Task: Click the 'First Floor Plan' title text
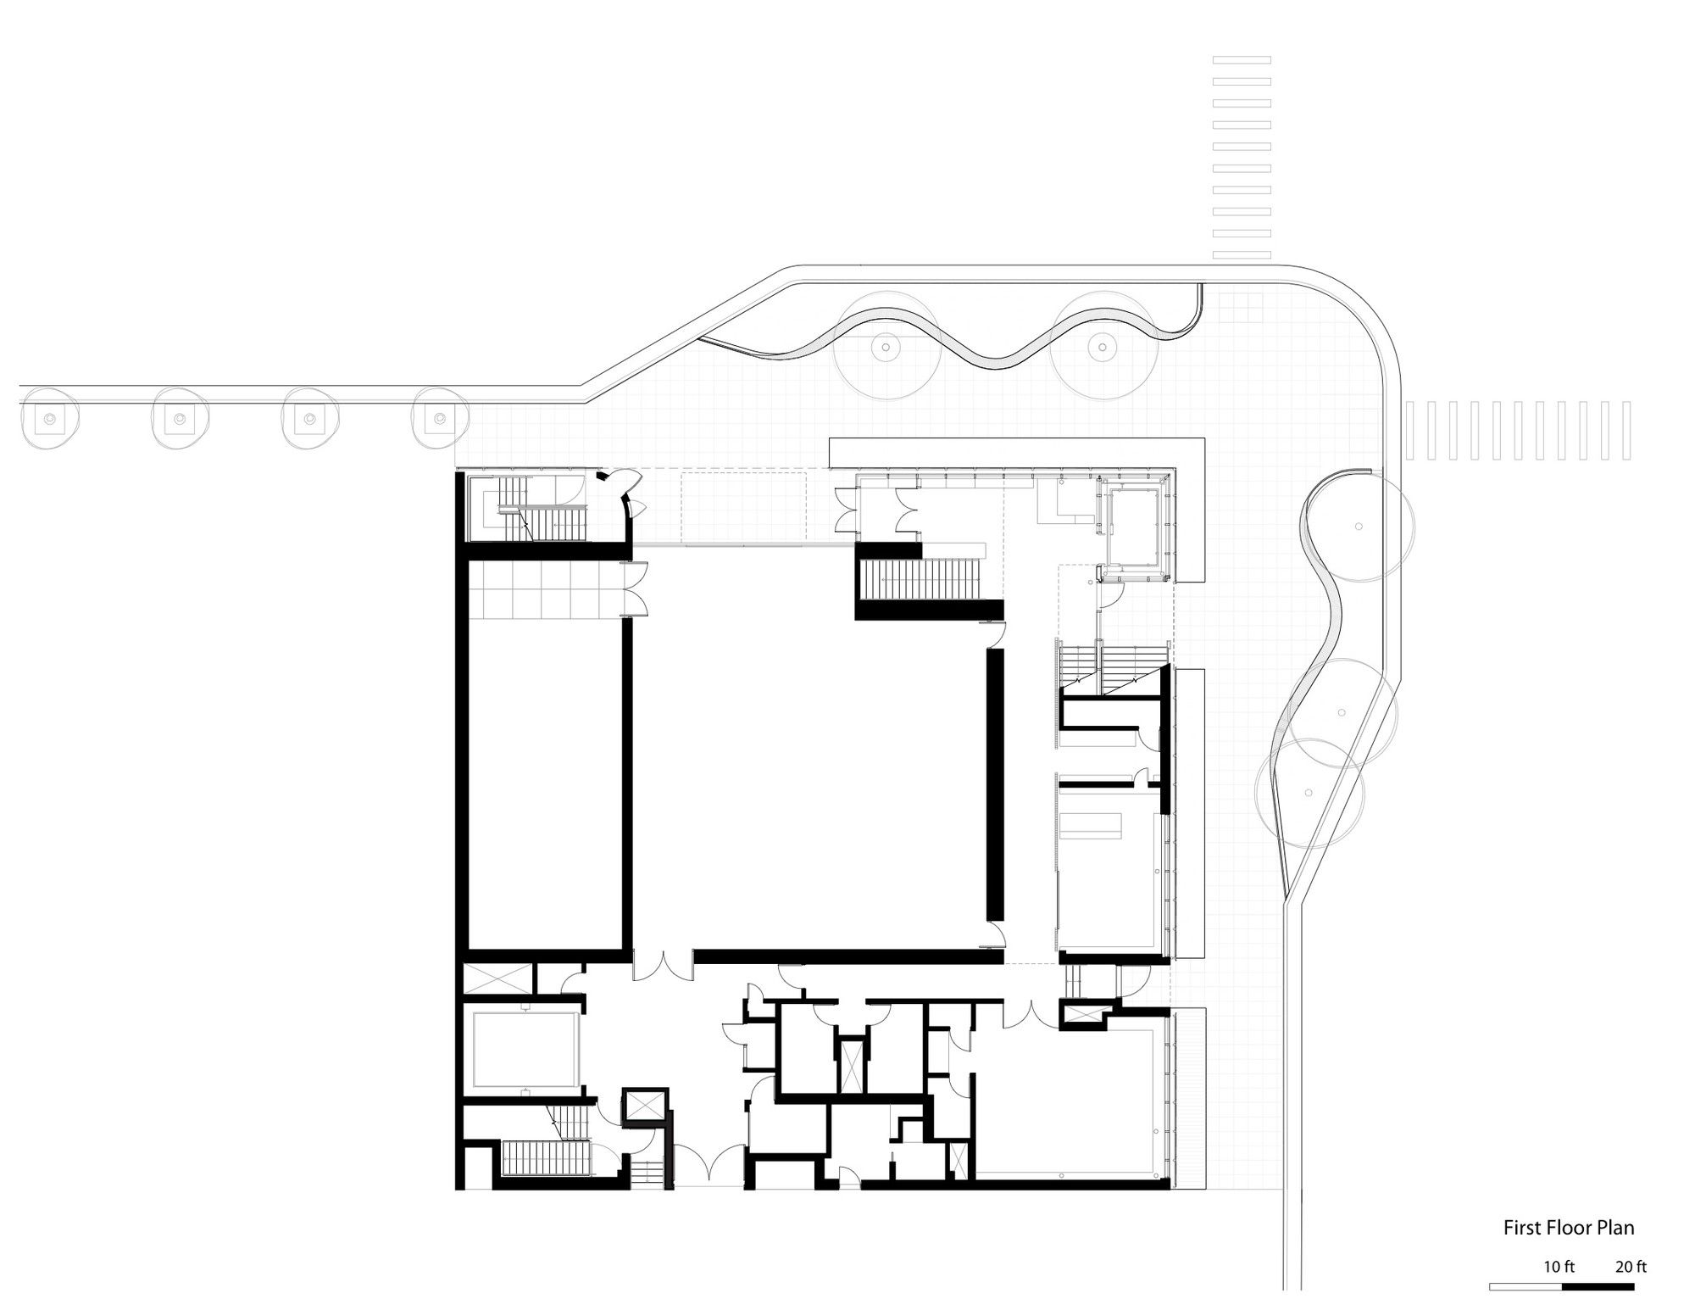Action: (1569, 1227)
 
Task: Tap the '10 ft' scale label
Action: (1559, 1267)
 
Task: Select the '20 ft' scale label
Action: (1631, 1267)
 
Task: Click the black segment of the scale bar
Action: (1598, 1286)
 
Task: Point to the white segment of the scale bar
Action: (1525, 1286)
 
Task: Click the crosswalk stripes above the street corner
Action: (1242, 157)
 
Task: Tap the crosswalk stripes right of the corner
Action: (1518, 431)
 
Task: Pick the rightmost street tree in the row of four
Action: (439, 418)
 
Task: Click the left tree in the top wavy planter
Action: (886, 347)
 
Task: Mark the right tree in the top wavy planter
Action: (1102, 347)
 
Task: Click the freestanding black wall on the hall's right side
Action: (996, 784)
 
